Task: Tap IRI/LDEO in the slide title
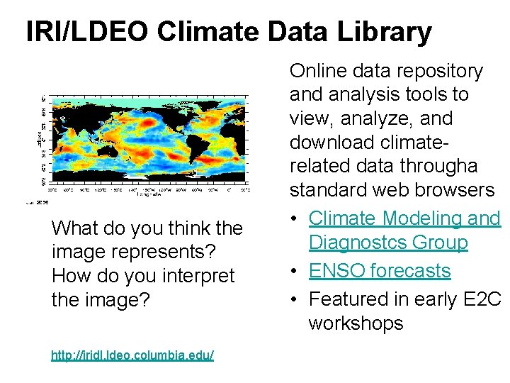[87, 32]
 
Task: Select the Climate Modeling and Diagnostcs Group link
[404, 231]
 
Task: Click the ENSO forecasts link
[380, 271]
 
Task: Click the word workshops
[356, 323]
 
